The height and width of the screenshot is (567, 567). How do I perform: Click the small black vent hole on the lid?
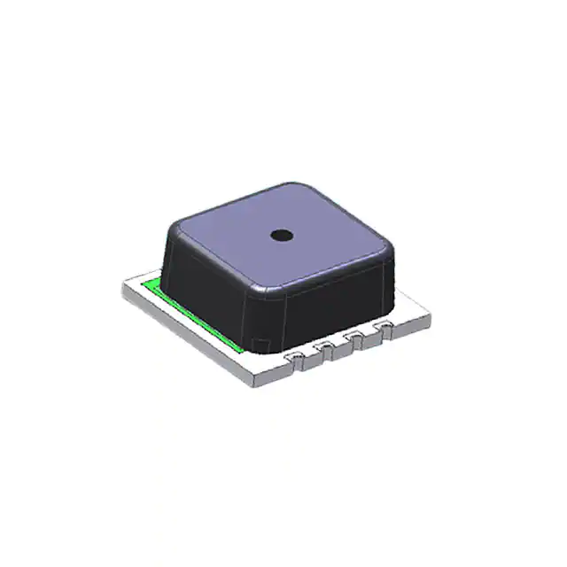(x=282, y=235)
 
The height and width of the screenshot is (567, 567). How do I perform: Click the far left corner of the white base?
(x=121, y=285)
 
